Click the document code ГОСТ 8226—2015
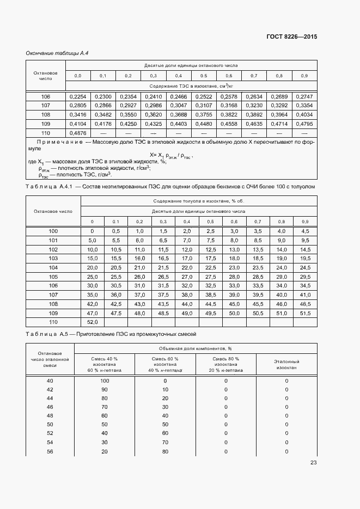coord(291,37)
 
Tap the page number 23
coord(313,463)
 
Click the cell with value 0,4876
coord(78,133)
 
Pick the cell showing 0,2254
coord(78,96)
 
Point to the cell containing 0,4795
coord(304,124)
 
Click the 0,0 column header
coord(78,75)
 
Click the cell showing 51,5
coord(305,314)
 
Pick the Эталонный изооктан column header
coord(286,364)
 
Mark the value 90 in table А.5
coord(105,390)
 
